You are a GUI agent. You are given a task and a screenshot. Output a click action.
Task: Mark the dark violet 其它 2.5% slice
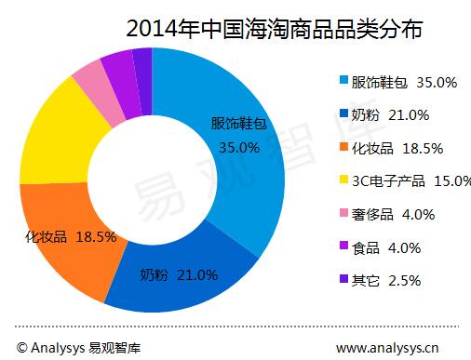pyautogui.click(x=141, y=60)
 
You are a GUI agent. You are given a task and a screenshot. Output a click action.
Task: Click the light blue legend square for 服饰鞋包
pyautogui.click(x=343, y=83)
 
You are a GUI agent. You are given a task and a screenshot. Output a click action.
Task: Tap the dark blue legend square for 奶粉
pyautogui.click(x=343, y=115)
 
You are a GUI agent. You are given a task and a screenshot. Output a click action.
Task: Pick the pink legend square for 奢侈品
pyautogui.click(x=343, y=214)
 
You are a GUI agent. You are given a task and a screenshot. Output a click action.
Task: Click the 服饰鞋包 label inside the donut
pyautogui.click(x=236, y=124)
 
